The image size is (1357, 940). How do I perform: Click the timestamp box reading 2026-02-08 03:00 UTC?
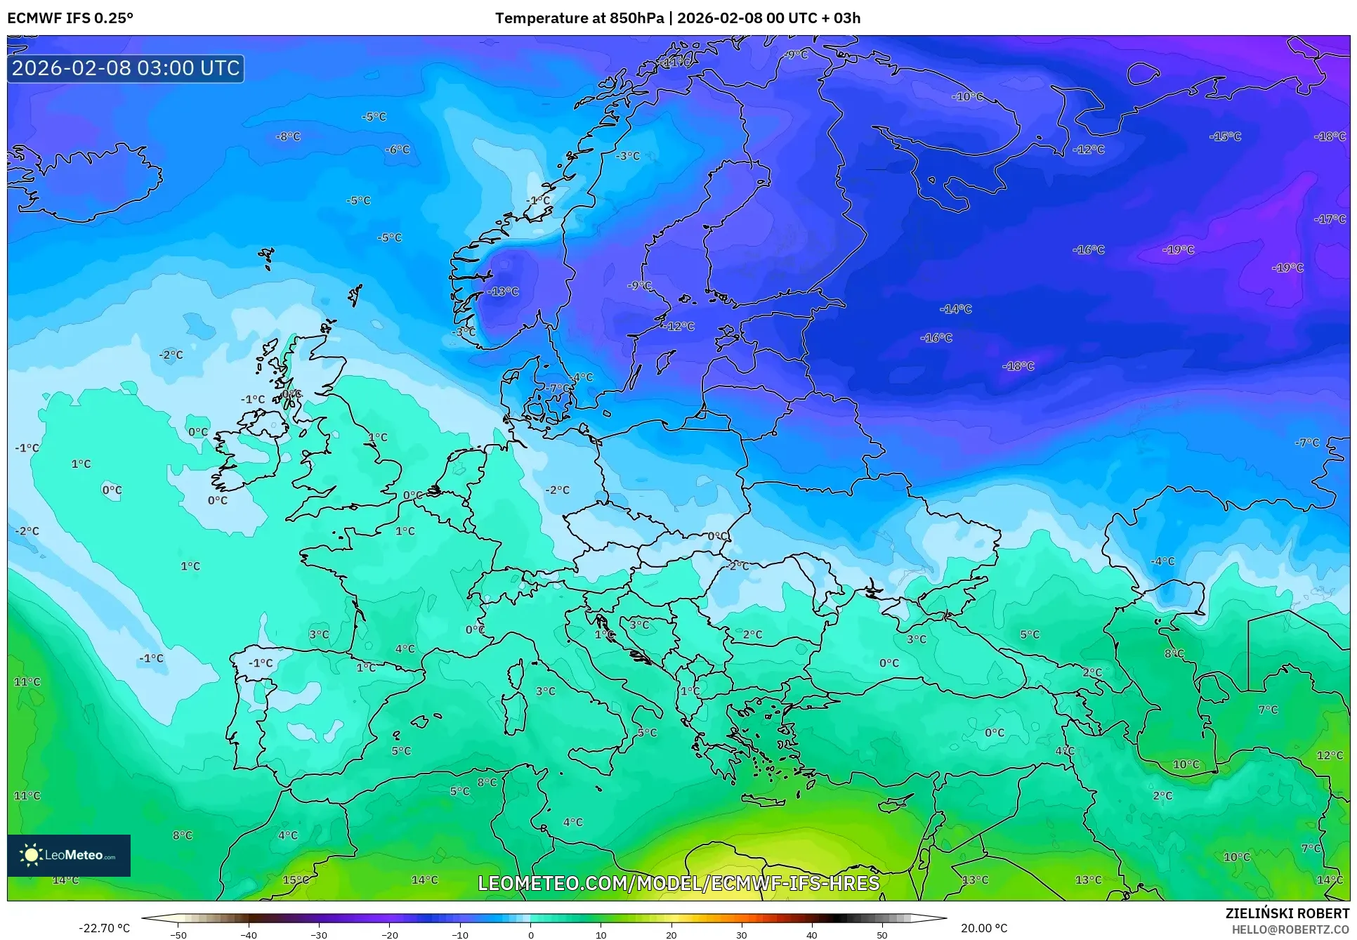point(126,69)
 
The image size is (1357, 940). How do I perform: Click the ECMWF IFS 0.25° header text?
point(70,18)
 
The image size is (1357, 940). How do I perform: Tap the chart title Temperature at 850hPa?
point(579,18)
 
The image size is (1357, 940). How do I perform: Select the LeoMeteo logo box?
point(69,855)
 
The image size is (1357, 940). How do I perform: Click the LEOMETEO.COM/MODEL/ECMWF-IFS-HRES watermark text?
point(678,883)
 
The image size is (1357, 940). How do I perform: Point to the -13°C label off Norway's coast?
point(504,292)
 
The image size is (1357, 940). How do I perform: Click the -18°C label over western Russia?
point(1018,366)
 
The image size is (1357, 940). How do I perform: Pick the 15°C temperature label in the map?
point(296,880)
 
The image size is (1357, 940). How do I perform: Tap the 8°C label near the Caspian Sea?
point(1174,653)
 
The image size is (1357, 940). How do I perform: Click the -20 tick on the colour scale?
point(390,934)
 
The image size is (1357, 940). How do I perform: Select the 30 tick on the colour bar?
point(742,934)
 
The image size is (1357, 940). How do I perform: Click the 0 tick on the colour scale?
point(531,934)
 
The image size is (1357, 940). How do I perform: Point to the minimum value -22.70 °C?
point(104,928)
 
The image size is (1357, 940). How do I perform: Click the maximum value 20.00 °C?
point(984,928)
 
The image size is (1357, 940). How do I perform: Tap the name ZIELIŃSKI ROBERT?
point(1287,913)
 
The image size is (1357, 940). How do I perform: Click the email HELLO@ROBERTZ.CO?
point(1290,929)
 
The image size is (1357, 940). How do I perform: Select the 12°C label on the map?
point(1330,755)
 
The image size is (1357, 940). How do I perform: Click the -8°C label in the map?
point(288,136)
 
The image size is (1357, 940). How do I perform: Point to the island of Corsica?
point(518,675)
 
